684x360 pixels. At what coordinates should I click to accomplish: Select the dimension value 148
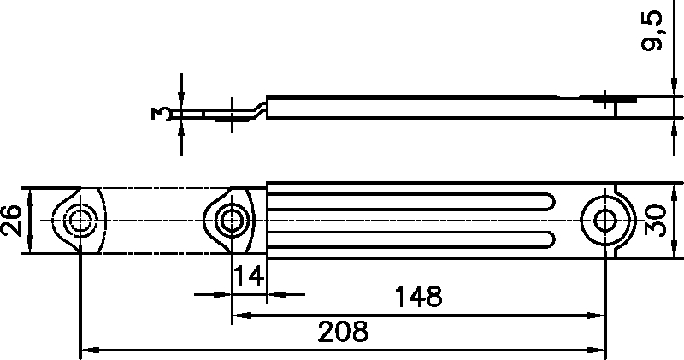click(x=418, y=297)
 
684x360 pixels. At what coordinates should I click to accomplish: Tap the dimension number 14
click(x=249, y=275)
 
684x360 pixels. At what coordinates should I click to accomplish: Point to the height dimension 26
click(x=11, y=220)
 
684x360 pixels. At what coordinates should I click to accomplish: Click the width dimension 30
click(x=656, y=219)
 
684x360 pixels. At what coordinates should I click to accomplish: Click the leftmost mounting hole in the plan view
click(x=80, y=220)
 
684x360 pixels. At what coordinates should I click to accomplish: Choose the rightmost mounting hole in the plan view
click(x=606, y=218)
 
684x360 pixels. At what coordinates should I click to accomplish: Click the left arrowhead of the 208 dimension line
click(x=85, y=350)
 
